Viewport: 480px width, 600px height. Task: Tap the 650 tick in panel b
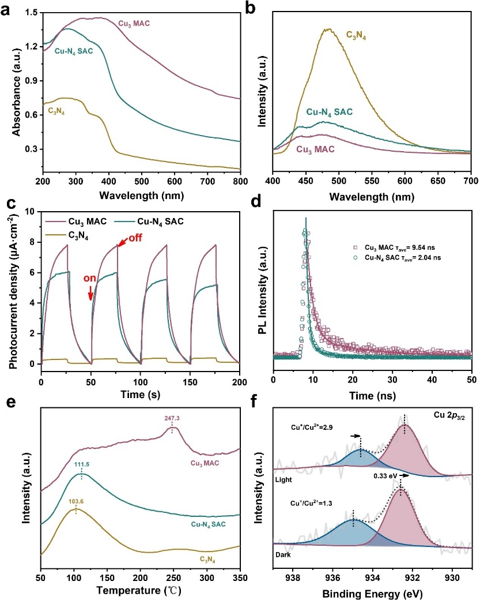click(x=405, y=182)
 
